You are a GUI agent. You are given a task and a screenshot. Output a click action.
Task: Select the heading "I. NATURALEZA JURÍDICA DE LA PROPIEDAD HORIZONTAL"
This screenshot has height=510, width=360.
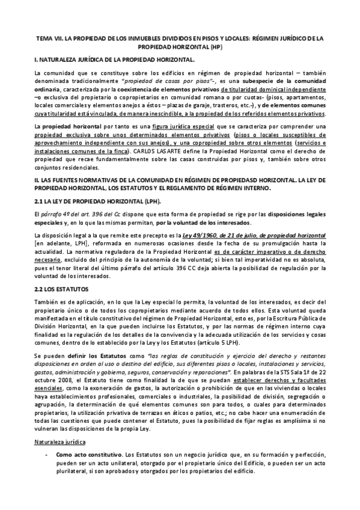coord(115,60)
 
